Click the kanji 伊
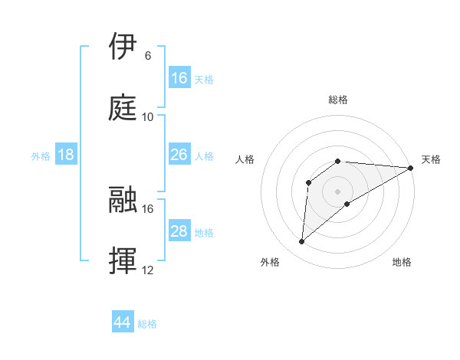(x=124, y=47)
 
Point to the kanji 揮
(x=124, y=260)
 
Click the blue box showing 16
(x=179, y=78)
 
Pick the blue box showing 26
(x=179, y=155)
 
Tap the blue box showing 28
(x=179, y=231)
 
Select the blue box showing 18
(x=66, y=155)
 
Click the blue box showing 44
(x=123, y=322)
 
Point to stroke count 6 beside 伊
(x=148, y=56)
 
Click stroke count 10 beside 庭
(x=148, y=117)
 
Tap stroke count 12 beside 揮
(x=148, y=270)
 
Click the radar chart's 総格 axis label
(x=338, y=100)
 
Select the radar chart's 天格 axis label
(x=431, y=159)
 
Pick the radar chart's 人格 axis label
(x=245, y=159)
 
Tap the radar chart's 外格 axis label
(x=270, y=262)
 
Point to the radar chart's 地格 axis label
(x=402, y=262)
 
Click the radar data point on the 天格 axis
(x=411, y=168)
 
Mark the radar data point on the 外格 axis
(x=301, y=242)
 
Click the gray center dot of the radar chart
(x=338, y=191)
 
